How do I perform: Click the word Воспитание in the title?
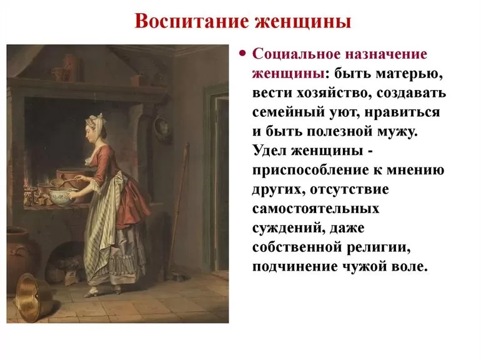point(192,22)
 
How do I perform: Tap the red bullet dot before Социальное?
point(243,54)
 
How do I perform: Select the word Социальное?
point(296,54)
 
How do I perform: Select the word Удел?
point(270,151)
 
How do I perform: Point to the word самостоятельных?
point(315,209)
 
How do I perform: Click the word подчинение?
point(294,267)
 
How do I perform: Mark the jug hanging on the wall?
point(162,127)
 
